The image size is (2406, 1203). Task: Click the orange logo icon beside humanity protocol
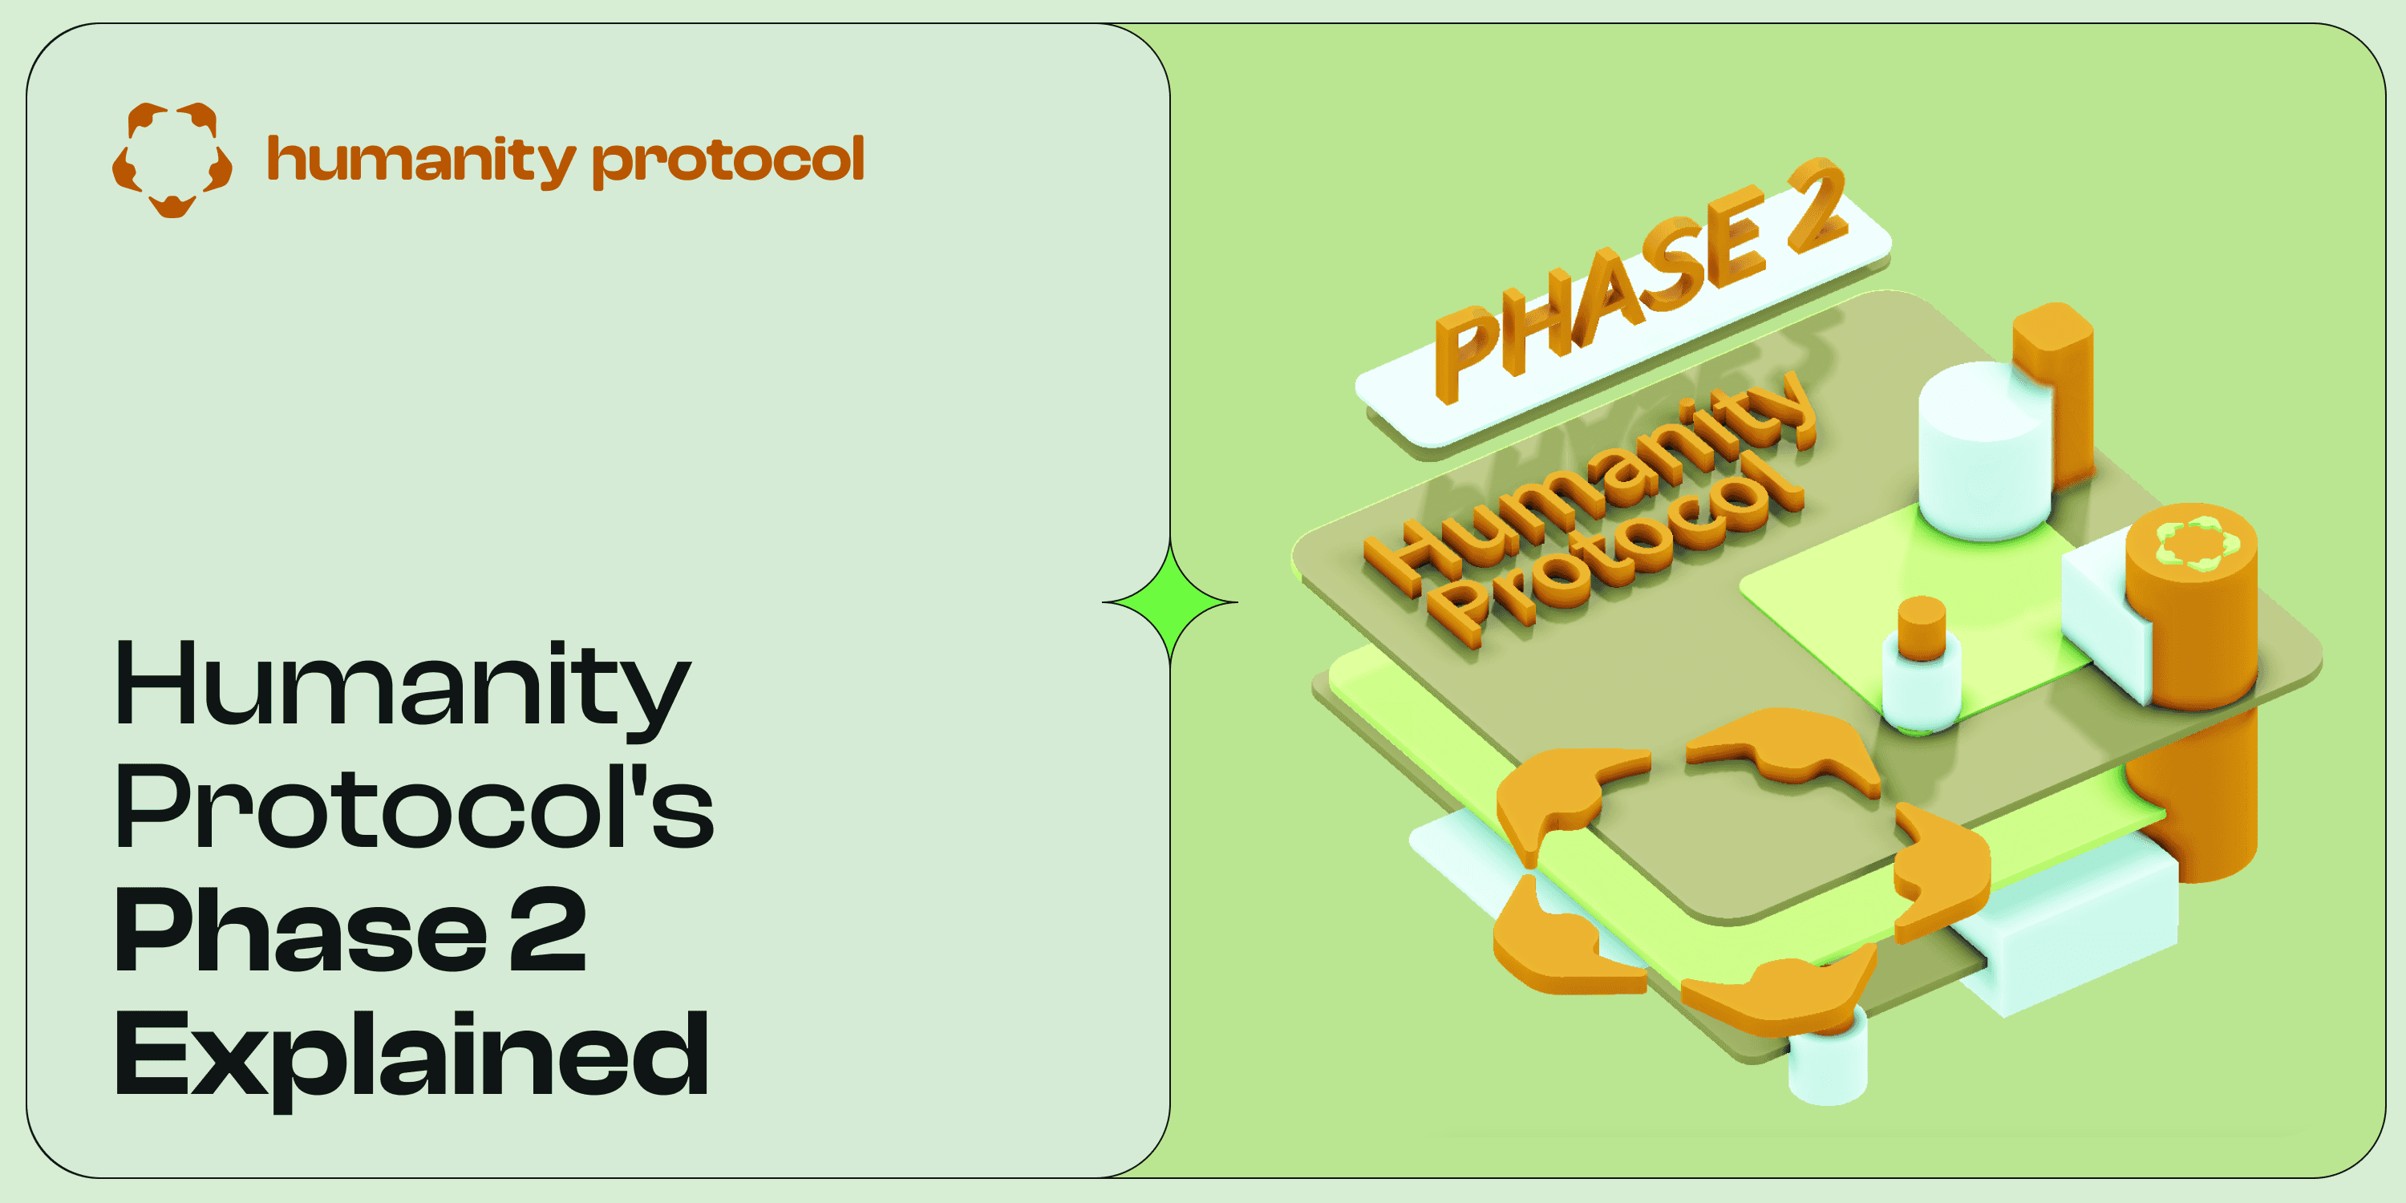172,160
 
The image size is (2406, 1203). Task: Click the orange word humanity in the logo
420,160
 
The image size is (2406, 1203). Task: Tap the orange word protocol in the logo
728,160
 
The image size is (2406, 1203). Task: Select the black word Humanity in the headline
402,687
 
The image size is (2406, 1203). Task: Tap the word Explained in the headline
411,1055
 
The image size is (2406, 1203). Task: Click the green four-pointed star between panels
1170,602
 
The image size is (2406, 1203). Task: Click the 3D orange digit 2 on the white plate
1817,205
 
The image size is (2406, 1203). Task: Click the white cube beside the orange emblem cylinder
2101,617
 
